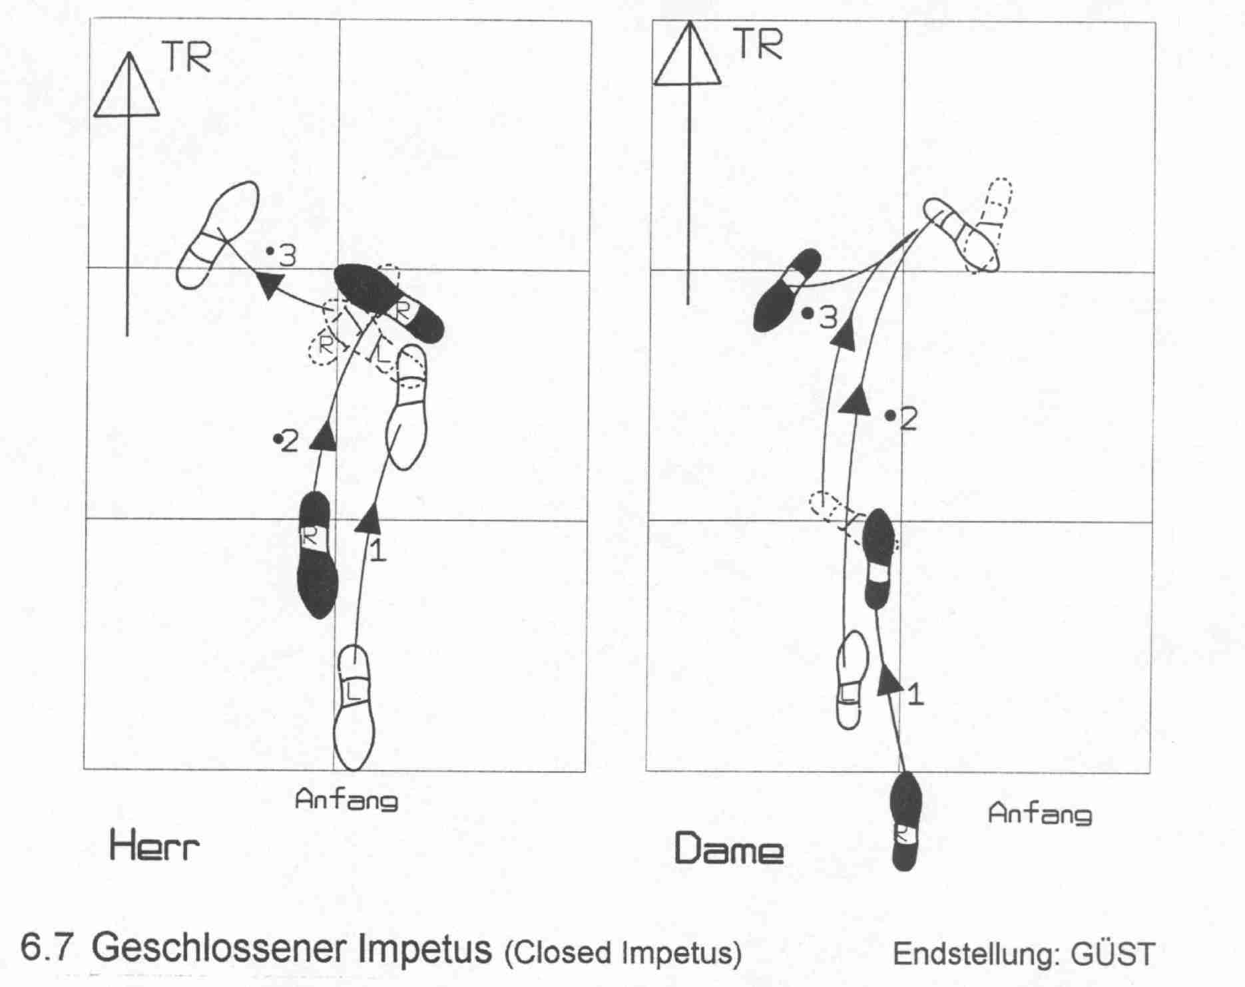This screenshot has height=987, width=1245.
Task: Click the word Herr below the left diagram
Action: point(154,847)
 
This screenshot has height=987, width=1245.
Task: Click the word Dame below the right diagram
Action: point(728,850)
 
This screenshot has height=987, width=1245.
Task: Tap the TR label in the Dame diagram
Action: point(758,43)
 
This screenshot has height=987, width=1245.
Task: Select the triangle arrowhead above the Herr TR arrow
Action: point(127,87)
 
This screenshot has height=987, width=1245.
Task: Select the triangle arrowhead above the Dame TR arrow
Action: point(688,55)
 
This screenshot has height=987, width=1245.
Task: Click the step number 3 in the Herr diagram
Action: point(287,256)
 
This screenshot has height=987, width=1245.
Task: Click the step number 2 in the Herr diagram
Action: point(290,442)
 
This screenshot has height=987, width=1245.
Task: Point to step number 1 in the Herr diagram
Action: point(377,551)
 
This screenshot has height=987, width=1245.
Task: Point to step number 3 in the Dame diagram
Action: point(827,319)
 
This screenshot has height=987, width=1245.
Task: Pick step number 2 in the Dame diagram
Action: point(908,419)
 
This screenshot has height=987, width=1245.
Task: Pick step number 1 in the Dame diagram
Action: point(915,695)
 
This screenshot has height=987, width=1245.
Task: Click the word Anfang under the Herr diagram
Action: point(346,799)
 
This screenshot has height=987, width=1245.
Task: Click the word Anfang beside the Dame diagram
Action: point(1039,814)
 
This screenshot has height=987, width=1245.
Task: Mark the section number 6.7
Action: point(46,948)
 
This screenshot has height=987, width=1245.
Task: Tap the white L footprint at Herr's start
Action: point(354,707)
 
